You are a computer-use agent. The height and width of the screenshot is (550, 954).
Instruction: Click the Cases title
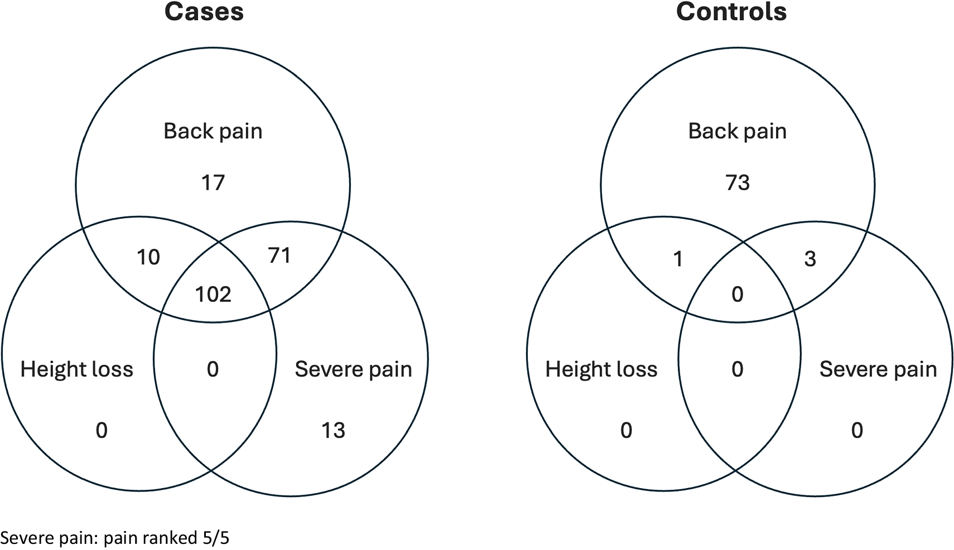(x=204, y=12)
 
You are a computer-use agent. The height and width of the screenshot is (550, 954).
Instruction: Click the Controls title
(x=731, y=12)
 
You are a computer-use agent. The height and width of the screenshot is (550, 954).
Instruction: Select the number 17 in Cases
(x=213, y=183)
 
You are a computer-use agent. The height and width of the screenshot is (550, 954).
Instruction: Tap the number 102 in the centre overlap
(x=213, y=294)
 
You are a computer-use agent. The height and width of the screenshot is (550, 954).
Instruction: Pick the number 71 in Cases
(x=279, y=255)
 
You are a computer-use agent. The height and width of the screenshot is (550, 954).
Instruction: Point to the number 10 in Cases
(x=148, y=257)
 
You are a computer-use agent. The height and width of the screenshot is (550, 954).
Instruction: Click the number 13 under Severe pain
(x=333, y=430)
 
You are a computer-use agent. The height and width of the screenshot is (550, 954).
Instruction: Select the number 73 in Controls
(x=738, y=183)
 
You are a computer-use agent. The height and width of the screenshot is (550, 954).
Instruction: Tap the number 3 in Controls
(x=810, y=259)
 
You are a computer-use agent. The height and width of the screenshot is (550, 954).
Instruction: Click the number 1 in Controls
(x=678, y=259)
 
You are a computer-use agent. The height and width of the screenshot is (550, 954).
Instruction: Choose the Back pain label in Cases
(x=213, y=131)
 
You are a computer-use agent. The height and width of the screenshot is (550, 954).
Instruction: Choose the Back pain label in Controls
(x=737, y=131)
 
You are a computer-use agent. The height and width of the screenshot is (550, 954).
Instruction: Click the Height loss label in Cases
(x=76, y=369)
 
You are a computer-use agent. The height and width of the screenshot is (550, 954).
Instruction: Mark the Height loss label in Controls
(x=601, y=369)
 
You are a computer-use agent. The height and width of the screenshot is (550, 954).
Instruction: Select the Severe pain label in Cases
(x=353, y=369)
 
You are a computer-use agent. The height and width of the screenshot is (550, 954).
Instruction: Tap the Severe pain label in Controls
(x=878, y=369)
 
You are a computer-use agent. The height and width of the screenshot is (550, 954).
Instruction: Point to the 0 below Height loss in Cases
(x=101, y=430)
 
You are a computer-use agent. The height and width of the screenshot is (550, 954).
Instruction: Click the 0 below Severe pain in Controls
(x=857, y=430)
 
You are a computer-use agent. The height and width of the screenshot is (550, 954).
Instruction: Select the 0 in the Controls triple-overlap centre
(x=738, y=294)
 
